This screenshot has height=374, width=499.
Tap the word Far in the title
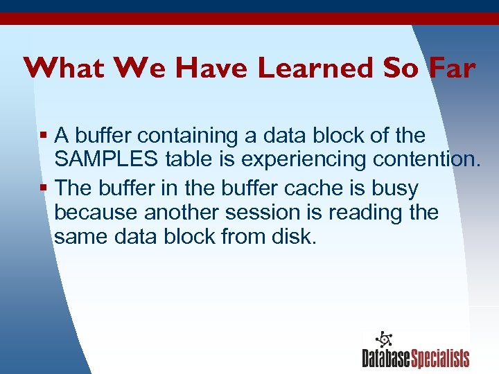click(x=450, y=69)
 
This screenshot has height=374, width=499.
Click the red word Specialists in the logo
click(x=440, y=358)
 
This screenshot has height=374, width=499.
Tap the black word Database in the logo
click(x=386, y=358)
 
